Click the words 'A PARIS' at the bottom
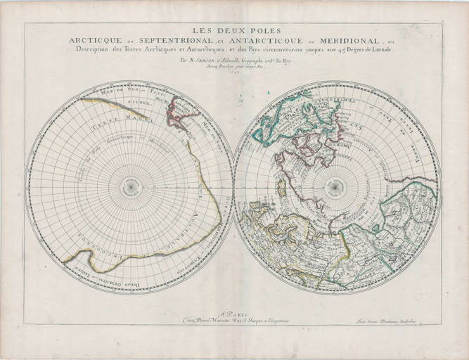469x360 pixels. coord(234,316)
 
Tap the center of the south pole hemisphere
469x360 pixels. coord(130,186)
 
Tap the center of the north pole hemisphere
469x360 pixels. coord(337,186)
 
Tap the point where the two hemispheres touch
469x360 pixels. coord(233,186)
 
